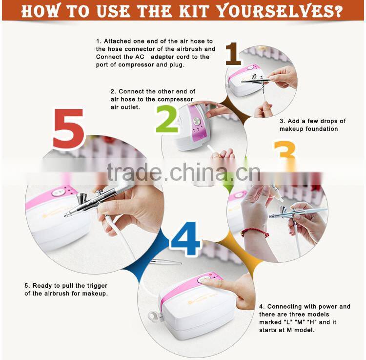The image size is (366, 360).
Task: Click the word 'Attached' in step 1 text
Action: click(x=118, y=42)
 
